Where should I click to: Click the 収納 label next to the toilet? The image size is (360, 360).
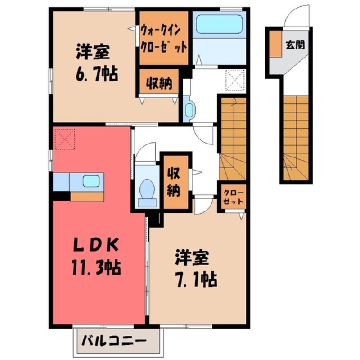tap(174, 182)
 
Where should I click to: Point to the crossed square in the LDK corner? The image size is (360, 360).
tap(63, 139)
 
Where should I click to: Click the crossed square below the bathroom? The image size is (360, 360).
tap(234, 81)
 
